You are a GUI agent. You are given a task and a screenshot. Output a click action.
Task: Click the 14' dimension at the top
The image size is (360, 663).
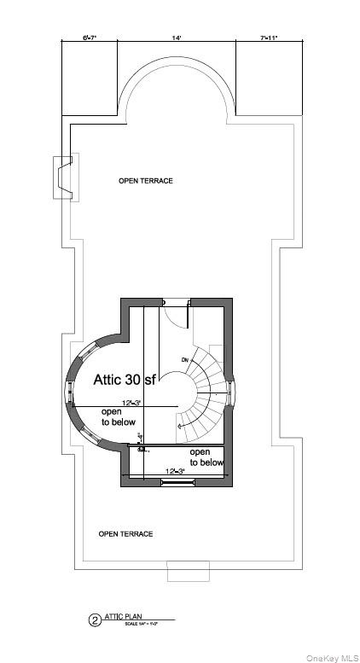tap(176, 38)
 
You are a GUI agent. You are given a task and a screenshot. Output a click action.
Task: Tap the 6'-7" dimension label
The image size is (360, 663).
tap(90, 38)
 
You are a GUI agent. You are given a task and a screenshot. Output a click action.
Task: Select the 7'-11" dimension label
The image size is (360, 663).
tap(269, 38)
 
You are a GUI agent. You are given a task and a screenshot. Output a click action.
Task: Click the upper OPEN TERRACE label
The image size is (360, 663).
tap(145, 181)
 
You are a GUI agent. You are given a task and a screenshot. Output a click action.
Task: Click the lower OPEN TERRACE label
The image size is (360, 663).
tap(125, 534)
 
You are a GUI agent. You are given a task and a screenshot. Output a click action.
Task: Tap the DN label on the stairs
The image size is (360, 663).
tap(184, 360)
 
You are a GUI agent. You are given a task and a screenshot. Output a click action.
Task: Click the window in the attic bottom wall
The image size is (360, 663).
tap(177, 483)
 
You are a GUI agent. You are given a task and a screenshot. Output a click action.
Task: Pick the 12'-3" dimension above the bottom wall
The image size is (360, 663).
tap(175, 472)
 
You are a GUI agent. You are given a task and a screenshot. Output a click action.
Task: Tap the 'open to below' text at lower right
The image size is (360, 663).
tap(206, 457)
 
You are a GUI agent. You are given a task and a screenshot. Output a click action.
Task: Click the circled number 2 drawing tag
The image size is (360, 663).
tap(95, 620)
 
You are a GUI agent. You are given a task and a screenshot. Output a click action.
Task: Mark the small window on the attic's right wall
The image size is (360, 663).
tap(232, 393)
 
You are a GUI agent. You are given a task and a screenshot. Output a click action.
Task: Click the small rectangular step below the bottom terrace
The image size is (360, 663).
tap(188, 573)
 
